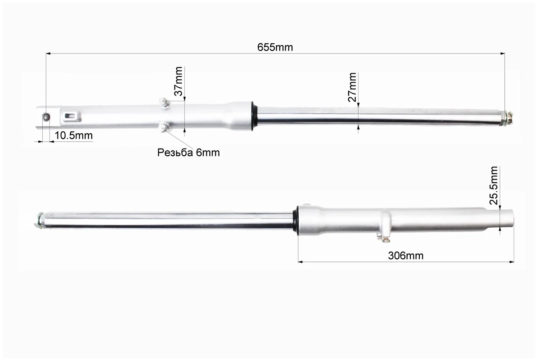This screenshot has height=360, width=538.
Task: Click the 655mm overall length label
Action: click(x=275, y=47)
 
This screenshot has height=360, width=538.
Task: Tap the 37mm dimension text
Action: click(x=179, y=81)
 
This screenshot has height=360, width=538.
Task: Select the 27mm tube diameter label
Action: click(x=352, y=87)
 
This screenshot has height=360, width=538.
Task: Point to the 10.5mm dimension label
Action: click(x=74, y=135)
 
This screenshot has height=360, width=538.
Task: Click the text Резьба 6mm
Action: click(x=188, y=153)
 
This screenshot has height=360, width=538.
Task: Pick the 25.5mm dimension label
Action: click(x=493, y=185)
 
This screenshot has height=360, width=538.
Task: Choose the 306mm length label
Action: click(x=406, y=256)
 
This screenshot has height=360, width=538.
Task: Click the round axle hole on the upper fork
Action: click(x=46, y=117)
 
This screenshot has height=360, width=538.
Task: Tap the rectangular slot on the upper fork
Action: click(x=71, y=116)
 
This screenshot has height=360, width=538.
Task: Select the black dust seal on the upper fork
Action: click(x=255, y=116)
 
